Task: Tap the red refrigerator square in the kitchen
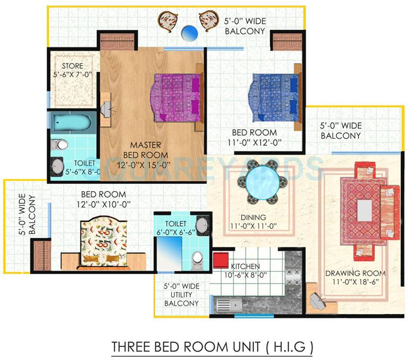(x=220, y=261)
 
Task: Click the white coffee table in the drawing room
(x=364, y=210)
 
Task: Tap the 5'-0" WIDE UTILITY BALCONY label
(x=182, y=294)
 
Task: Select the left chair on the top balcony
(x=167, y=21)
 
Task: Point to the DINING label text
(x=253, y=218)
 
